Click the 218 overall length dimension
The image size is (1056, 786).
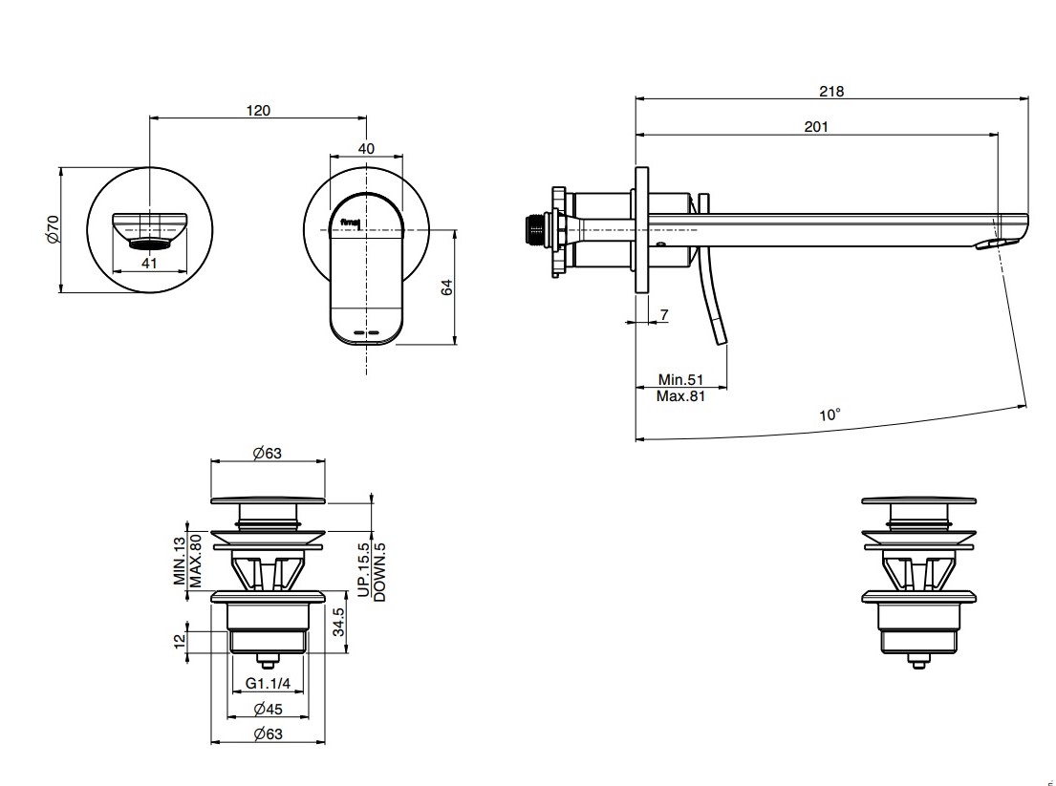click(830, 92)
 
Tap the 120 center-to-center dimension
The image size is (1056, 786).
click(258, 111)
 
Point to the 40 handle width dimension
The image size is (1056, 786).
click(366, 149)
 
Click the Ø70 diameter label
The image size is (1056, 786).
click(54, 230)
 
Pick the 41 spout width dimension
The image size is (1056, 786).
click(148, 264)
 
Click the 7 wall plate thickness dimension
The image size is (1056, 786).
click(663, 315)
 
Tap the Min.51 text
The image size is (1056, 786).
click(680, 379)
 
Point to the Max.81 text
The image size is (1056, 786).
click(680, 395)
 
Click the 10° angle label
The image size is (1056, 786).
click(830, 415)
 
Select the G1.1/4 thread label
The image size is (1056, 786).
click(268, 683)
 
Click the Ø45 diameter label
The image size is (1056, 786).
click(267, 710)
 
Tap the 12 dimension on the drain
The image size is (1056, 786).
click(180, 641)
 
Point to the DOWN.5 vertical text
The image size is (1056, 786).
click(379, 571)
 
